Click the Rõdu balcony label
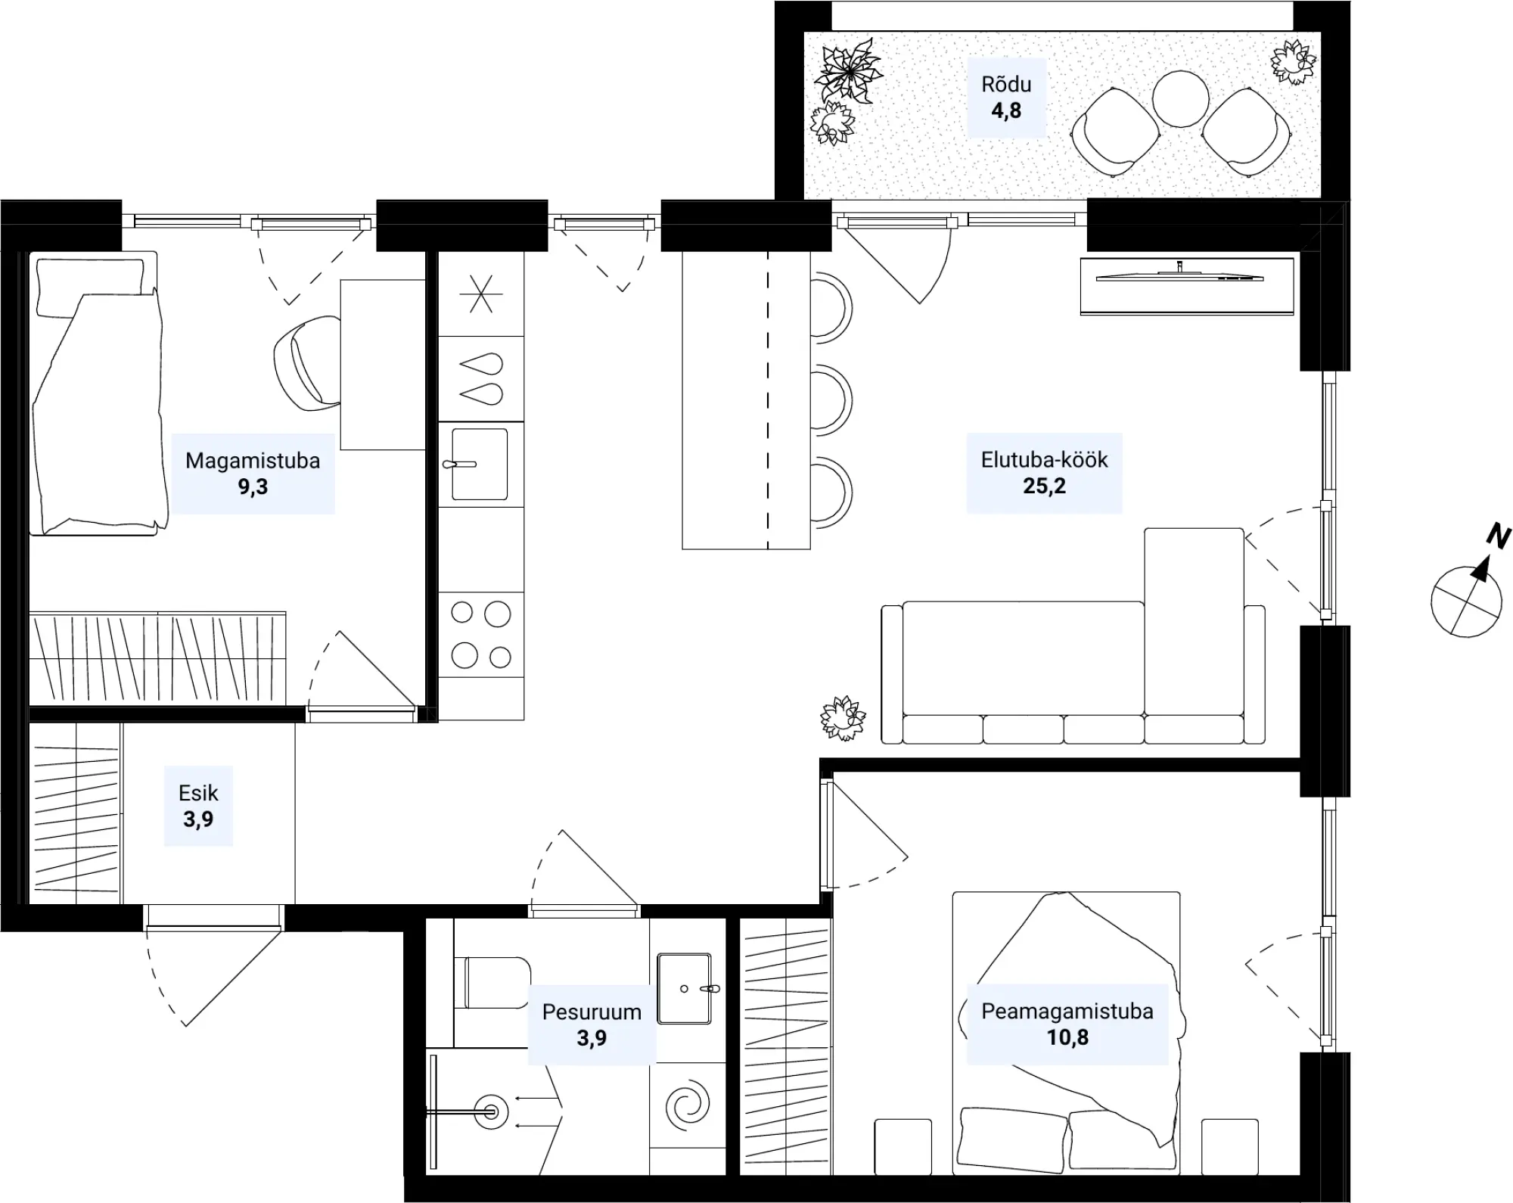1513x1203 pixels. tap(1006, 84)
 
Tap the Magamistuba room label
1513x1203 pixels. tap(253, 461)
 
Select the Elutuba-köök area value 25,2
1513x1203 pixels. tap(1044, 486)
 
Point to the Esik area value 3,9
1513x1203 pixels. tap(198, 819)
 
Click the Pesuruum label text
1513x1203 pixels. tap(592, 1012)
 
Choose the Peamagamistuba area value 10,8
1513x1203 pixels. tap(1067, 1037)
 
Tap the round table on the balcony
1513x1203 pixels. tap(1181, 98)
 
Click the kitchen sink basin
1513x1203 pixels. tap(480, 465)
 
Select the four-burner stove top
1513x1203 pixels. tap(481, 635)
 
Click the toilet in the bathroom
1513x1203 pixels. tap(492, 982)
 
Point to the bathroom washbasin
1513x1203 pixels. tap(685, 988)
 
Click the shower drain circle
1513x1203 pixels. tap(492, 1111)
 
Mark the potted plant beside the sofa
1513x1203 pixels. tap(843, 717)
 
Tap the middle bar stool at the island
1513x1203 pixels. tap(831, 401)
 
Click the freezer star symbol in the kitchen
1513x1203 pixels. tap(481, 294)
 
